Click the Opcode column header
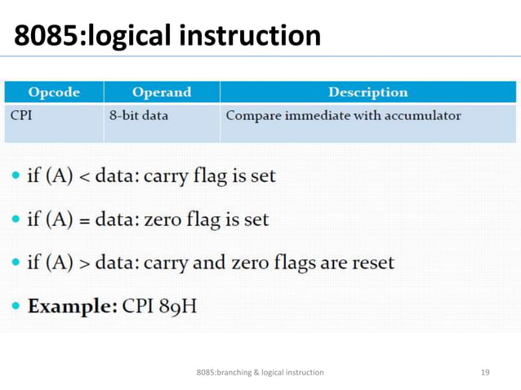click(x=54, y=92)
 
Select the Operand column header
click(x=161, y=92)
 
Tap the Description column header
click(x=367, y=92)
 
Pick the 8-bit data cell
click(x=139, y=115)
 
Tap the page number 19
click(x=485, y=373)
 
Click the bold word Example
click(x=72, y=307)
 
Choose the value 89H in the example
click(x=178, y=307)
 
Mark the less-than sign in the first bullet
click(x=85, y=177)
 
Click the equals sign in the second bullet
click(x=85, y=220)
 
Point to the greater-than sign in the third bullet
click(x=85, y=264)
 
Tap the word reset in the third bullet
click(x=372, y=263)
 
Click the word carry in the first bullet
click(x=166, y=176)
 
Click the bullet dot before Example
click(x=16, y=307)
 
